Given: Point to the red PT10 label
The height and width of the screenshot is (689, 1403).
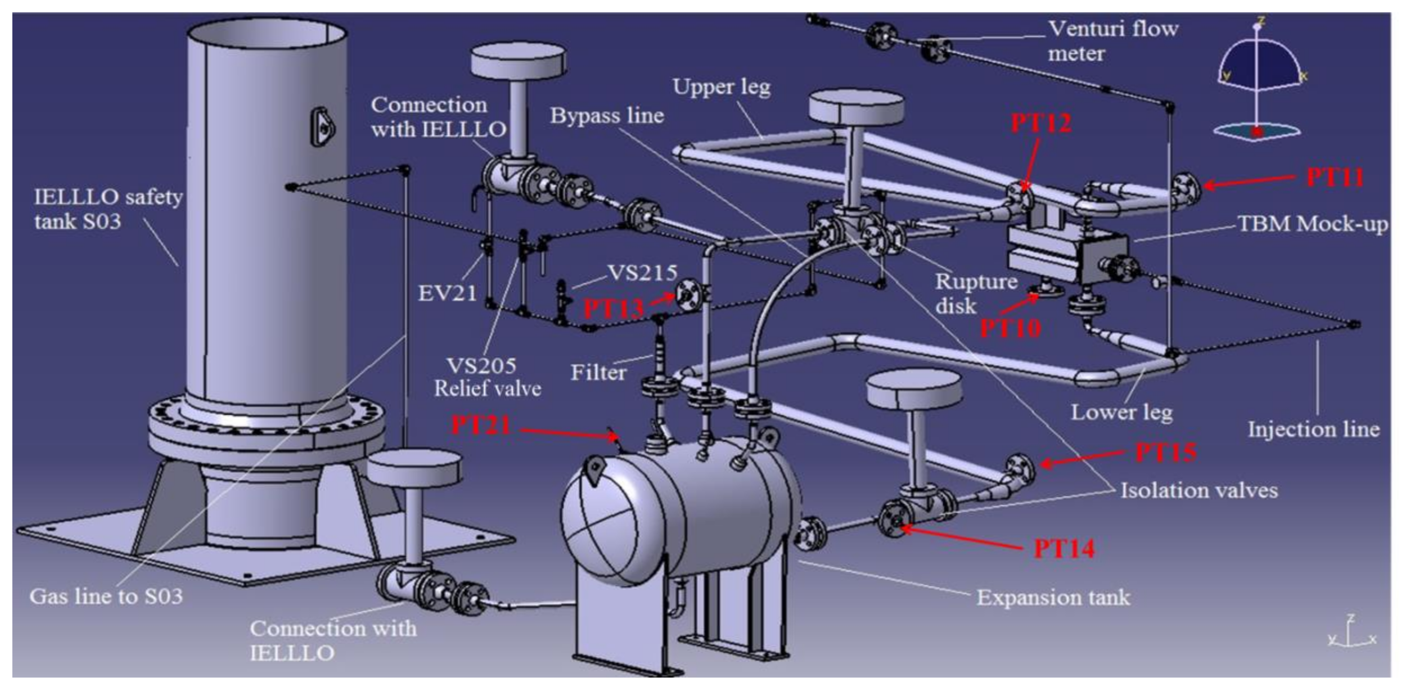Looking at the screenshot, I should (1010, 328).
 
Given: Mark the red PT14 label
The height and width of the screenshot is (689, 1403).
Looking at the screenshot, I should (1064, 548).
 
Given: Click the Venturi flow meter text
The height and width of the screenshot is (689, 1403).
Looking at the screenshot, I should (1113, 41).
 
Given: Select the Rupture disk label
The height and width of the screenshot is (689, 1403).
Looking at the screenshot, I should (975, 293).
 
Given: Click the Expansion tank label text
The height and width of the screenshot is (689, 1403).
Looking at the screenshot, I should (1053, 597).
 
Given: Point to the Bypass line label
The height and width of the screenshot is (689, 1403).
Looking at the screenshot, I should (607, 115).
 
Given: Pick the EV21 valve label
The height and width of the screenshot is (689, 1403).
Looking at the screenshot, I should (447, 293).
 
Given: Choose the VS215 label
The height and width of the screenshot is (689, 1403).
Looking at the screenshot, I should (643, 273).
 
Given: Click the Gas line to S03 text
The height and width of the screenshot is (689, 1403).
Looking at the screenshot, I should (106, 596).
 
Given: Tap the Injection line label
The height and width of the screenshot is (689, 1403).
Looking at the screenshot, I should (1313, 430).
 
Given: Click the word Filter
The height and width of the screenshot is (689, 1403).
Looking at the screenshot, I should (598, 373).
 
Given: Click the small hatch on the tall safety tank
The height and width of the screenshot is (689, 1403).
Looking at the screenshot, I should (323, 127).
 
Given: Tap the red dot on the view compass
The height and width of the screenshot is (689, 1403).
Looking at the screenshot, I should (1256, 131).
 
